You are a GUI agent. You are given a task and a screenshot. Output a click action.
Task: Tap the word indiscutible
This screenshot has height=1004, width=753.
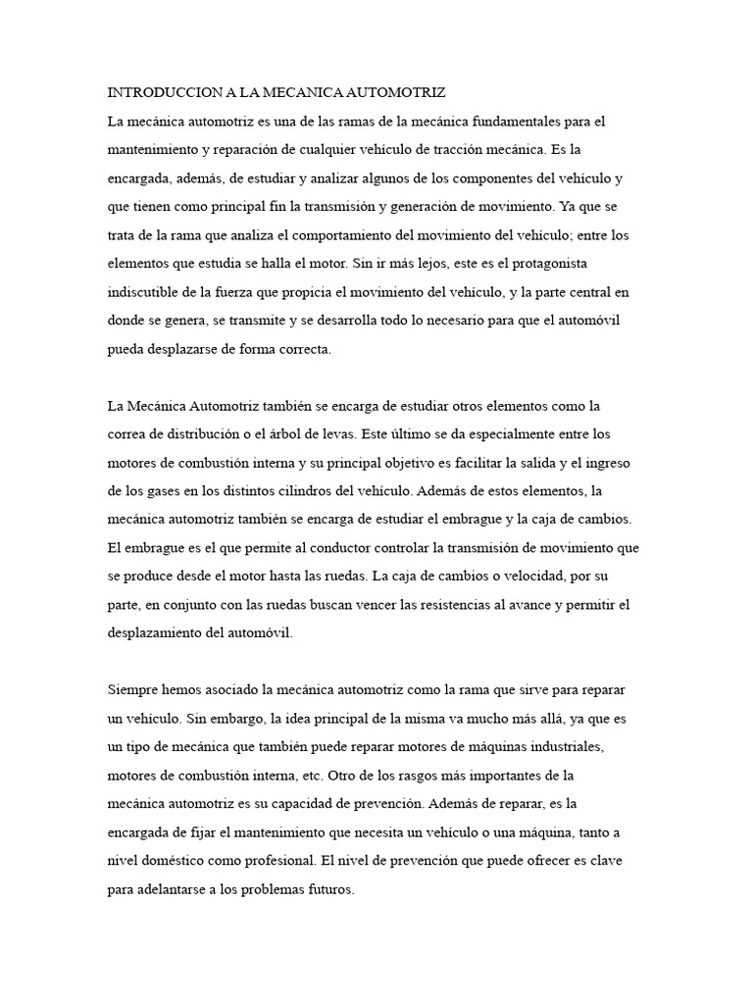click(x=145, y=293)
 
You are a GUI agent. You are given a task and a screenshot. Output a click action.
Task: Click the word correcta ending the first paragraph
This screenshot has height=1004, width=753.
click(x=303, y=350)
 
